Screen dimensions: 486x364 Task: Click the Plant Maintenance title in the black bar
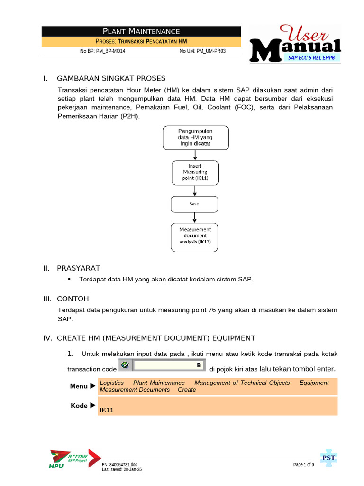141,32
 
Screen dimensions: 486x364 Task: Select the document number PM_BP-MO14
103,51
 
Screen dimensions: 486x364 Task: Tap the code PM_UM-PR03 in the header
202,51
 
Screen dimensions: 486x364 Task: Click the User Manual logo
295,44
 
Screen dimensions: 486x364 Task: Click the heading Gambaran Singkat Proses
111,78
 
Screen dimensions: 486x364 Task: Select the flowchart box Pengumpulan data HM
195,137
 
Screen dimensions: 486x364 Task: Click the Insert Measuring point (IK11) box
195,172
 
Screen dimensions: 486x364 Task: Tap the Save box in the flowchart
194,204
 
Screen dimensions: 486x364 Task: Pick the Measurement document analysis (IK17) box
195,236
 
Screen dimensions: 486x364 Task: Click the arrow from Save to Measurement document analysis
195,217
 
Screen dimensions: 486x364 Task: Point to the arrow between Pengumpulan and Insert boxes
195,154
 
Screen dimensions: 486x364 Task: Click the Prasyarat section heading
78,268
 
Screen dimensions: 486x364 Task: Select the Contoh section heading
73,299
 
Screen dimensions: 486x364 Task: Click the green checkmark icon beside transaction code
125,365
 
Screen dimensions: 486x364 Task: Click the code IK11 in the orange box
107,410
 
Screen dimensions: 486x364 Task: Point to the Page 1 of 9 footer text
303,465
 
